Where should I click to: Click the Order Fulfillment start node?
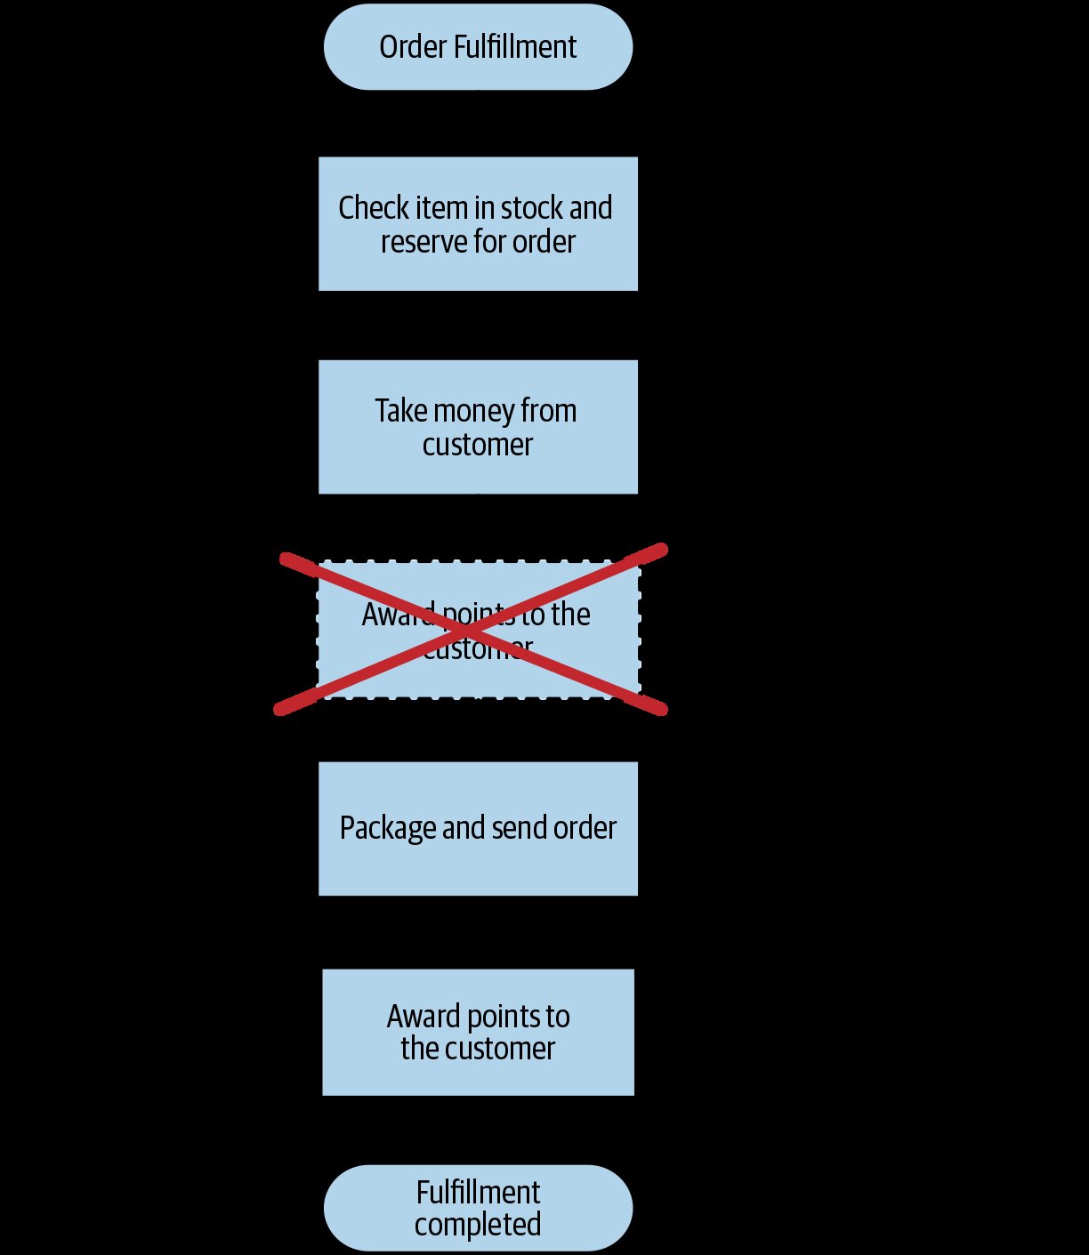[x=478, y=47]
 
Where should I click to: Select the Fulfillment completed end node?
[x=478, y=1208]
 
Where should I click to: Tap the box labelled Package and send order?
[x=478, y=829]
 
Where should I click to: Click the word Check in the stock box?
[x=374, y=207]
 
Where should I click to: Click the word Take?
[x=401, y=410]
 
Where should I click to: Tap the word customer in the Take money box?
[x=477, y=445]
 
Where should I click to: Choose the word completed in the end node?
[x=478, y=1225]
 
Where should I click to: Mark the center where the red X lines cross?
[x=471, y=630]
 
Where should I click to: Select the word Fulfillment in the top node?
[x=515, y=47]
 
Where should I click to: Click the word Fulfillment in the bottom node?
[x=478, y=1193]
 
